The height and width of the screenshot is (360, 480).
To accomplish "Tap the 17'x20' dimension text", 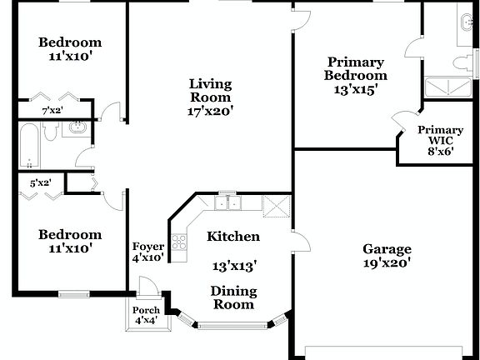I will tap(210, 109).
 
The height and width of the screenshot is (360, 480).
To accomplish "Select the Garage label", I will tap(387, 248).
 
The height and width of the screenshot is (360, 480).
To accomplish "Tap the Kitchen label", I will tap(233, 237).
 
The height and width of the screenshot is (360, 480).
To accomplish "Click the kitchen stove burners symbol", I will tap(178, 242).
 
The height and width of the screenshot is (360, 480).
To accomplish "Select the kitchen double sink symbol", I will tap(227, 202).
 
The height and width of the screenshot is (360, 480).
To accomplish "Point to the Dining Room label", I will tap(233, 298).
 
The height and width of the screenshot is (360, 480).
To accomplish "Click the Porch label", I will tap(147, 311).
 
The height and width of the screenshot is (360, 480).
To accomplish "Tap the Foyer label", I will tap(148, 247).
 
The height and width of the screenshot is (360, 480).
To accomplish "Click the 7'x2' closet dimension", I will tap(52, 110).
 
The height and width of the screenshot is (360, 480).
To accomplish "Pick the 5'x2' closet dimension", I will tap(40, 182).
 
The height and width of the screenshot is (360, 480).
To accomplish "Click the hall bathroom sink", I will tap(77, 129).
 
